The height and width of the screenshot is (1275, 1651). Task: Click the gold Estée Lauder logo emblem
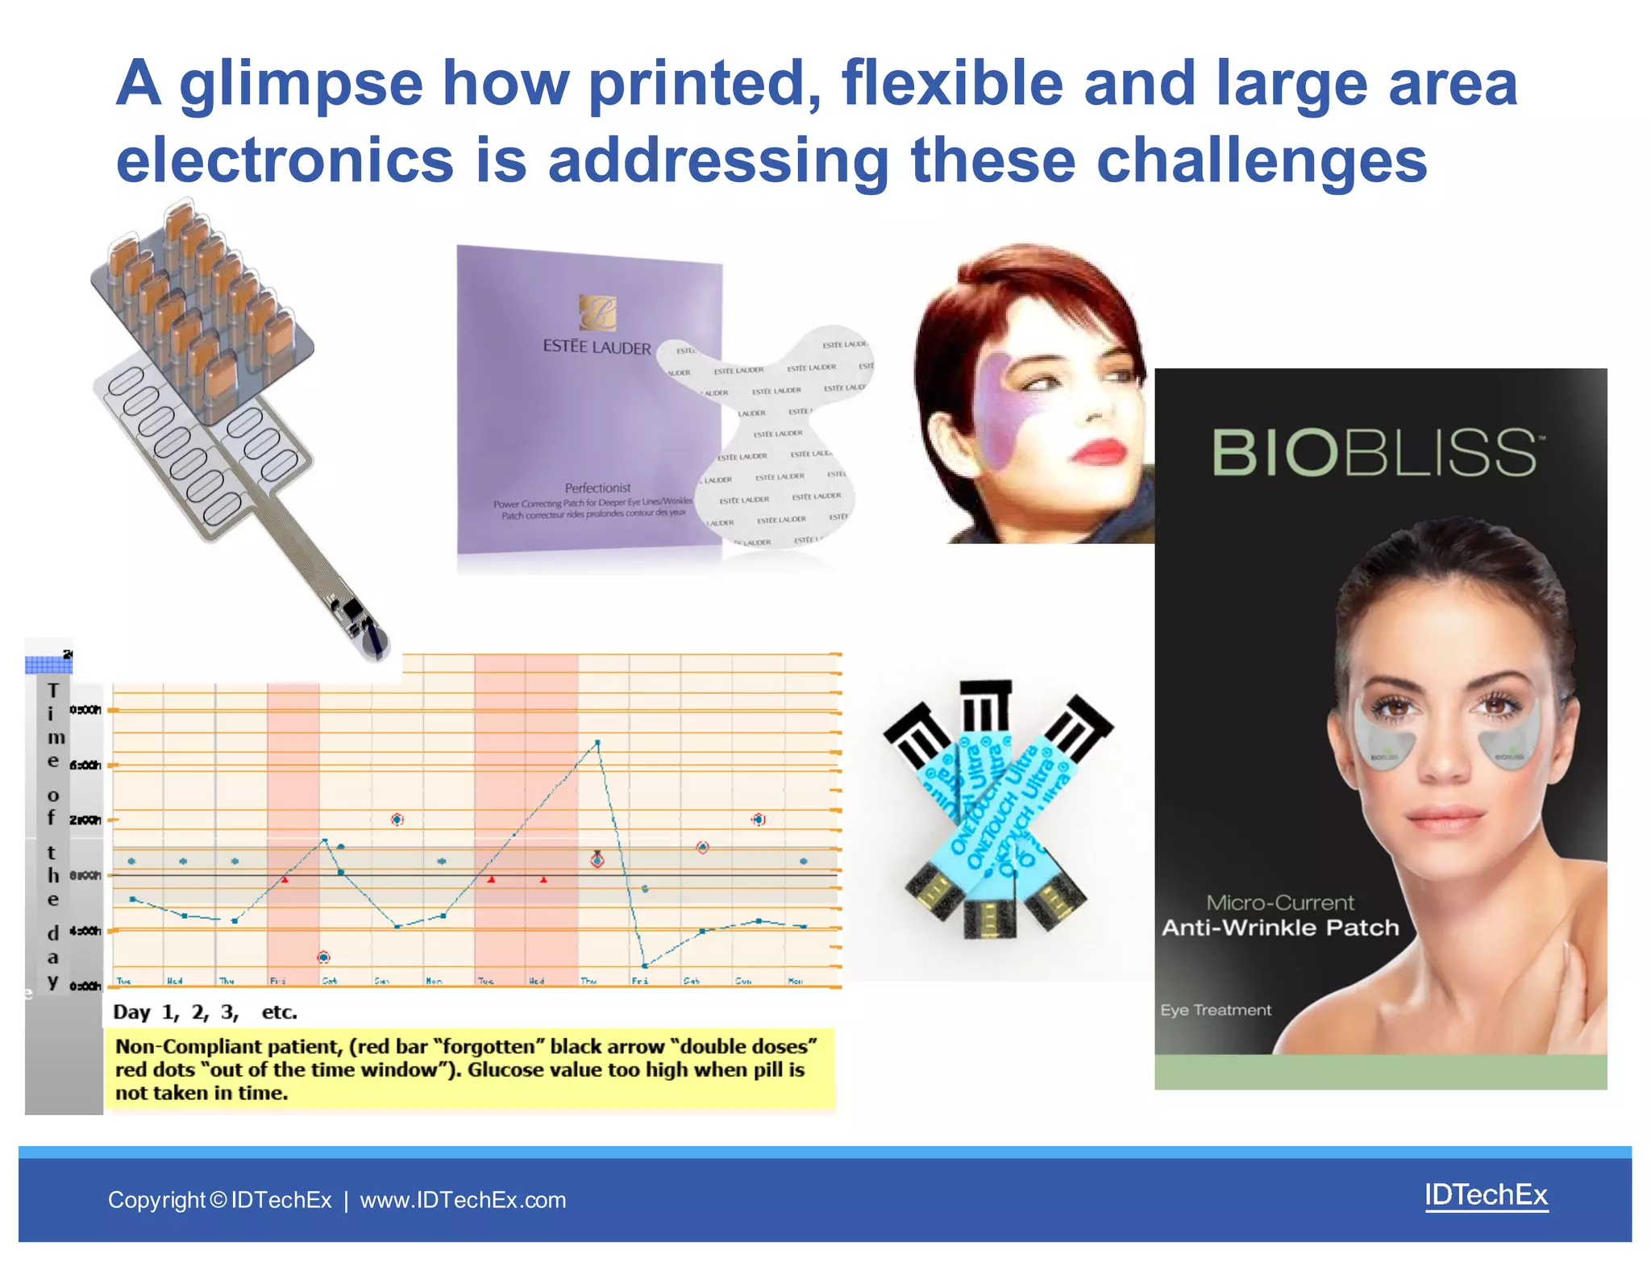[597, 312]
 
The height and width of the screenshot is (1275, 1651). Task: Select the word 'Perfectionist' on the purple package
[597, 488]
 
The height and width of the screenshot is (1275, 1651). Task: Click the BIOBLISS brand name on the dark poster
[1374, 453]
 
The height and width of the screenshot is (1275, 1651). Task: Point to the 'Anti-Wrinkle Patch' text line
[1279, 928]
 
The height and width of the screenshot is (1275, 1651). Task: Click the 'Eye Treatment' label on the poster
[1215, 1010]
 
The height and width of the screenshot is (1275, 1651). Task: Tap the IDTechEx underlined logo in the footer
[1486, 1194]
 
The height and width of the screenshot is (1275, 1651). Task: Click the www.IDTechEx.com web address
[463, 1200]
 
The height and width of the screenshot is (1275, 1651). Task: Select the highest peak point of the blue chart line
[597, 741]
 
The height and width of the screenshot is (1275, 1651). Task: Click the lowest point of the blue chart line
[644, 966]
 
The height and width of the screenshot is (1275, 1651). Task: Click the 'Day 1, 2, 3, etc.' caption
[205, 1012]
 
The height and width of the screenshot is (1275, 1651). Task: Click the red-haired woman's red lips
[1100, 452]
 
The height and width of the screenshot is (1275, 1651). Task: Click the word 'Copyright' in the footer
[157, 1200]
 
